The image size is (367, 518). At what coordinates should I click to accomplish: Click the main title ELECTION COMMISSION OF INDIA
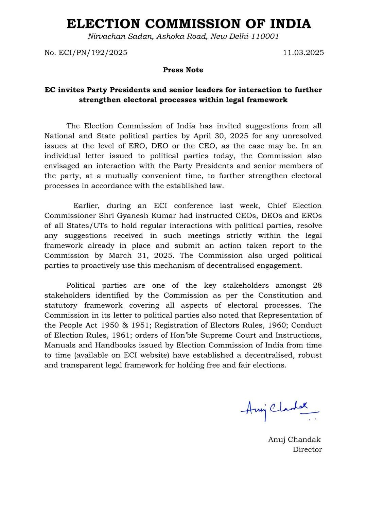tap(189, 24)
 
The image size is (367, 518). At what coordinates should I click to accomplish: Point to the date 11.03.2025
tap(303, 53)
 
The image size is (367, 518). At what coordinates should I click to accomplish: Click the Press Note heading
tap(183, 70)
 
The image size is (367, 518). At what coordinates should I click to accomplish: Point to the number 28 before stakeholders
tap(317, 286)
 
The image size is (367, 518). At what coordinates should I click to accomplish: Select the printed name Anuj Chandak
tap(294, 440)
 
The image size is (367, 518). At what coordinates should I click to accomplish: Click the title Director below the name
tap(307, 450)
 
